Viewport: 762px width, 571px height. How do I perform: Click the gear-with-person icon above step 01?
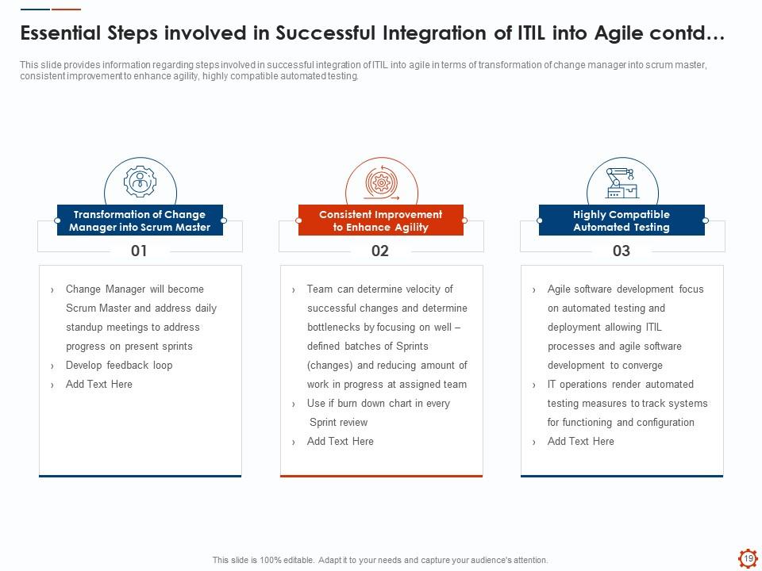pos(140,182)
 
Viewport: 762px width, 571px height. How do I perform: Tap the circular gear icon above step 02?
pos(382,182)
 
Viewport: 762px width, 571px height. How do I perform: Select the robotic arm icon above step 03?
pos(622,183)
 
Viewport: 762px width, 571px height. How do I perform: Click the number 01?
pos(139,251)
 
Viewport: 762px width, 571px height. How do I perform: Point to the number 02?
pos(380,251)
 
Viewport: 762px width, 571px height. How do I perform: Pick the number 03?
pos(621,251)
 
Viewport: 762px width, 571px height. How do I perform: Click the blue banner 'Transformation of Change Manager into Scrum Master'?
pos(140,220)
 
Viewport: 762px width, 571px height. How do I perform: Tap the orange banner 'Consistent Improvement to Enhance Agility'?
pos(381,220)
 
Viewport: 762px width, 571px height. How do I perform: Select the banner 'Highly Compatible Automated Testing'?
pos(622,220)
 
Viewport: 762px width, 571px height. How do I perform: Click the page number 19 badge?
pos(749,558)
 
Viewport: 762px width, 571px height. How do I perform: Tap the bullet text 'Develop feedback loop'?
pos(119,365)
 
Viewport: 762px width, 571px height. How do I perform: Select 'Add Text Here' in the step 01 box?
pos(99,384)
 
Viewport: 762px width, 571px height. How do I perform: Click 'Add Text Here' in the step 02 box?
pos(341,442)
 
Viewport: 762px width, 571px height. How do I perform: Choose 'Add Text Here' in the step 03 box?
pos(581,442)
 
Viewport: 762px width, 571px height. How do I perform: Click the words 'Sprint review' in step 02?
pos(339,423)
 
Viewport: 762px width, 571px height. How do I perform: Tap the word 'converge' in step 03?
pos(643,365)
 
